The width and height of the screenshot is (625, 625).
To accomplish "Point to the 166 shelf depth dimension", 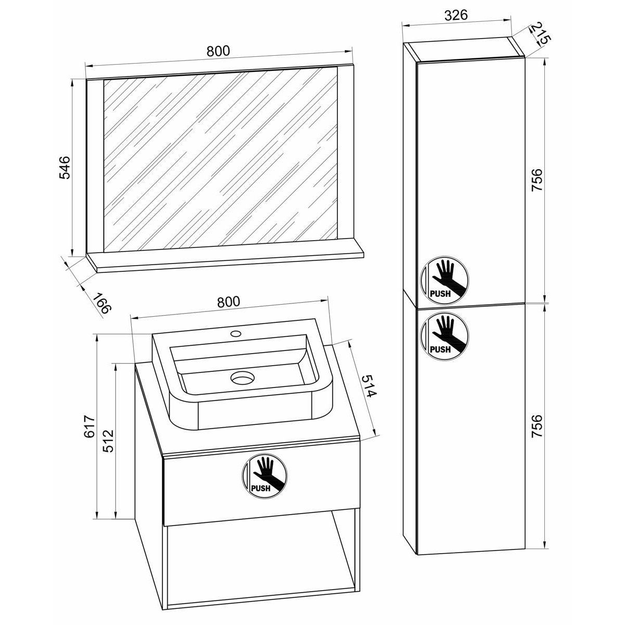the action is click(103, 303).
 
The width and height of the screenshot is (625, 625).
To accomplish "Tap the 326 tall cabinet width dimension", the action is click(455, 15).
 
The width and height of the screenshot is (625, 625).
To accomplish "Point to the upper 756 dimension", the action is click(537, 180).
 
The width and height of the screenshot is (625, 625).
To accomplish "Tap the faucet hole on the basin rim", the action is click(235, 332).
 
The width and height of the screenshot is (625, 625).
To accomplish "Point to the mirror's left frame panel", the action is click(95, 167).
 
